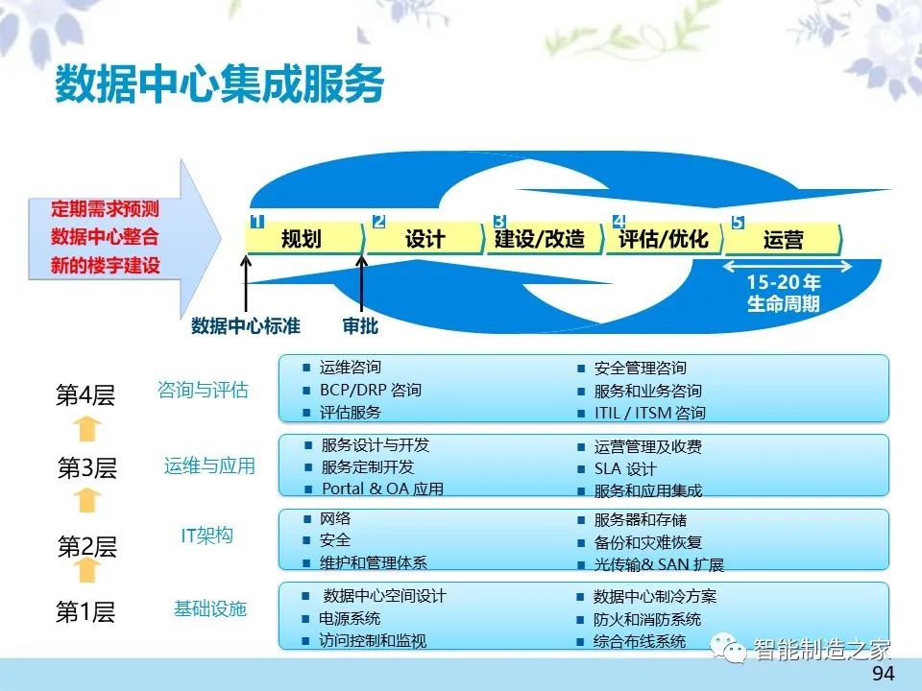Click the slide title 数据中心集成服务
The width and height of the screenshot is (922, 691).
coord(220,83)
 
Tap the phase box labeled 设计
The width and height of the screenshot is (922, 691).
coord(425,239)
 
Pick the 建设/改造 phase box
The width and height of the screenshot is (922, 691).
coord(545,239)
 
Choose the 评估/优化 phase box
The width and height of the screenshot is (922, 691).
coord(665,239)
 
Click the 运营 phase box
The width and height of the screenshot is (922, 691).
coord(784,239)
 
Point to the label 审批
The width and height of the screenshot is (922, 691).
coord(360,325)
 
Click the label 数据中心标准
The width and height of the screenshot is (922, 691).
coord(246,325)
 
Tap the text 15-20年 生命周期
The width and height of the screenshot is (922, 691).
coord(784,293)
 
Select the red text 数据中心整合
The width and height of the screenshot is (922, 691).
coord(105,237)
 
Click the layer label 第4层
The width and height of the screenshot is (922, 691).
coord(85,394)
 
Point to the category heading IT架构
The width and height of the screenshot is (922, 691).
coord(207,536)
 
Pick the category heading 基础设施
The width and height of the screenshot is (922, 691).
coord(210,608)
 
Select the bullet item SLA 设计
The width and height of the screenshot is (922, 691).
coord(625,469)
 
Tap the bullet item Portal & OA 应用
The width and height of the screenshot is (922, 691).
coord(382,488)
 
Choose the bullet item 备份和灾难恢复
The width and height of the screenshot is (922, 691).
coord(648,542)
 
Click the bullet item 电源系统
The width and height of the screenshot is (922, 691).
coord(350,618)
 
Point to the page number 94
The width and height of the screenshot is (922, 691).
coord(884,674)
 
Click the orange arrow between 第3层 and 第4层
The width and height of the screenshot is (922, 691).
coord(87,428)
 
